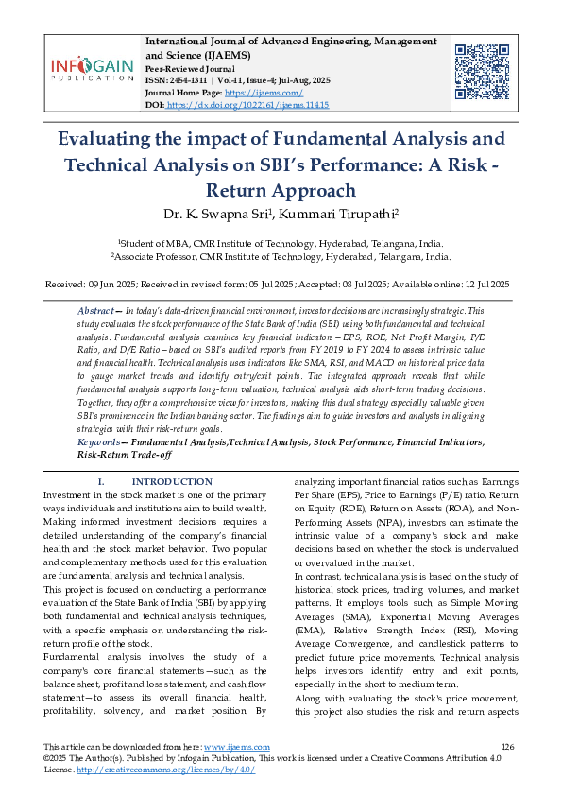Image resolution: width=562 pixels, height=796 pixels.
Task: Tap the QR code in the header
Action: pos(481,68)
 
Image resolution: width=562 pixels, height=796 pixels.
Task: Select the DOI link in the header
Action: pos(247,105)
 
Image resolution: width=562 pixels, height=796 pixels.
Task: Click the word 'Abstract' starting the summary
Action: pos(96,311)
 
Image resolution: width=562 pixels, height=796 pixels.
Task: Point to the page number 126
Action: pos(506,747)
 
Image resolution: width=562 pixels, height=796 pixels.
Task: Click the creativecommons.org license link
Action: pos(165,770)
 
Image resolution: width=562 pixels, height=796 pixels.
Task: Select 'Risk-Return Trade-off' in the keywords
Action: pos(124,455)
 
